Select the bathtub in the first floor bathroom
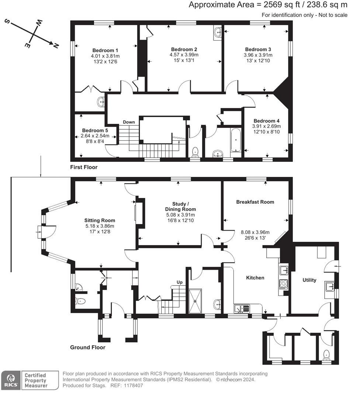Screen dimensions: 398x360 click(235, 140)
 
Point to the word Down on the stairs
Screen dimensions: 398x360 click(129, 122)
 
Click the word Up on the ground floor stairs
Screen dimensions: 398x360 click(180, 282)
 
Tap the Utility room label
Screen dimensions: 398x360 click(309, 280)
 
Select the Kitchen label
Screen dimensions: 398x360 click(255, 277)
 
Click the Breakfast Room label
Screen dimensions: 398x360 click(255, 202)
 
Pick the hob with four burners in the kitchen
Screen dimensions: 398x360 click(283, 284)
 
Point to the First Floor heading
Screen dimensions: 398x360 click(84, 167)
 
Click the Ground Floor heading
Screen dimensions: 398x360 click(88, 348)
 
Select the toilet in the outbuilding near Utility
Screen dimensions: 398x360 click(326, 355)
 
